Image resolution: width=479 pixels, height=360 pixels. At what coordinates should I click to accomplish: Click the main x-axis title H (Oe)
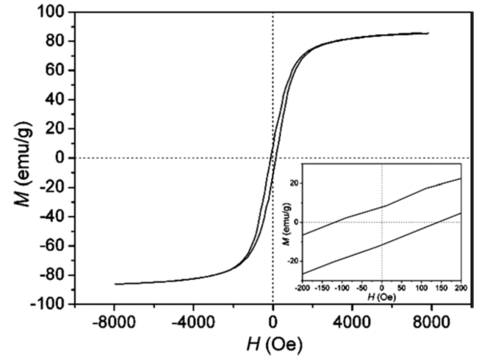coord(273,343)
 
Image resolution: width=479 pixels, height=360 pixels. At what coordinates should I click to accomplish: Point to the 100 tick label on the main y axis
coord(50,12)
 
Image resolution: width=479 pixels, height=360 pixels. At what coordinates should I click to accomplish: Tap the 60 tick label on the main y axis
coord(54,71)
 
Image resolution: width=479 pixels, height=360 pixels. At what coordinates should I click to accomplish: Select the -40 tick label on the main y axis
coord(51,217)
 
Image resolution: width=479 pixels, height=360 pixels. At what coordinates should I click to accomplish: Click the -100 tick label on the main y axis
coord(47,304)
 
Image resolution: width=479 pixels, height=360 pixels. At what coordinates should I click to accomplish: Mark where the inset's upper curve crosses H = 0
coord(381,206)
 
